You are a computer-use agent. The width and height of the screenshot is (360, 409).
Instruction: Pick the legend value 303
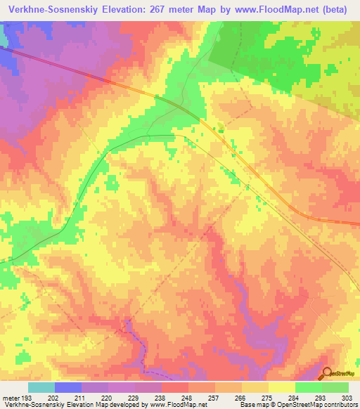(348, 397)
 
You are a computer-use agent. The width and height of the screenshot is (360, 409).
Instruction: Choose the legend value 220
(108, 397)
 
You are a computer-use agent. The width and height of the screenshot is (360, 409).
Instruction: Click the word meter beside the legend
(10, 397)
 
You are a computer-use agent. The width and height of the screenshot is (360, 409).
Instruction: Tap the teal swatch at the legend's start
(41, 387)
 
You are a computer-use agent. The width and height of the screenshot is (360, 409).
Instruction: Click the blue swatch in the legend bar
(67, 387)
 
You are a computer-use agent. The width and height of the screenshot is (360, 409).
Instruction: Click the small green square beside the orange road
(221, 127)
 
